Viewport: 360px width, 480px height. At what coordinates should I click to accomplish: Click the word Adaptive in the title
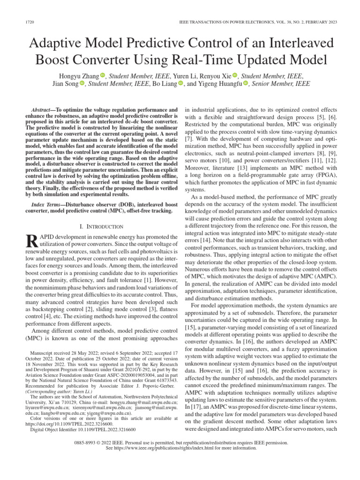point(60,45)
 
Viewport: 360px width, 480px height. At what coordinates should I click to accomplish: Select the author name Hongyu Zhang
point(79,75)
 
